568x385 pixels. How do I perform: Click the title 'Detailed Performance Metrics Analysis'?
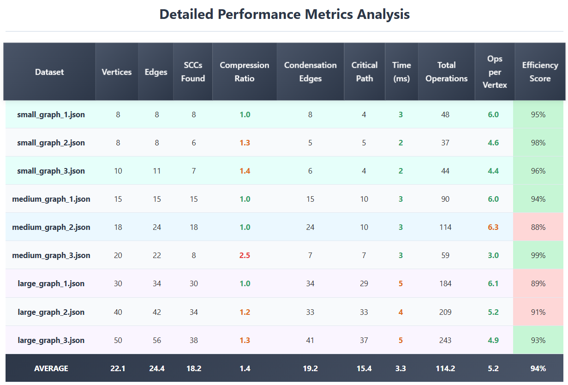pos(284,14)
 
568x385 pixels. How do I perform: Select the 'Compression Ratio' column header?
pos(244,72)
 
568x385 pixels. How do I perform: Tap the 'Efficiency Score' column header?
pos(540,72)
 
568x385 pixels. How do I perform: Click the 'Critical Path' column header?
pos(364,72)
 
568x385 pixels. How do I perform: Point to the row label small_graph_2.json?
pos(51,143)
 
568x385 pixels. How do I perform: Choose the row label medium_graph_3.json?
pos(51,255)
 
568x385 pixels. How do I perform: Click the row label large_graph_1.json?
pos(51,283)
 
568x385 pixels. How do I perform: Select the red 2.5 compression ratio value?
pos(245,255)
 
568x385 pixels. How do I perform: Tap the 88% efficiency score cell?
pos(538,227)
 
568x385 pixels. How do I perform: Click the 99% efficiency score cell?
pos(538,255)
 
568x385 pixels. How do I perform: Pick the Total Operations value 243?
pos(445,340)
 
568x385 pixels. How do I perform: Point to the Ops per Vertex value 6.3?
pos(493,227)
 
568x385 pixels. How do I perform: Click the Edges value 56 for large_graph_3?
pos(157,340)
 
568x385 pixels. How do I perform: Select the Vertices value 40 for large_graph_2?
pos(118,312)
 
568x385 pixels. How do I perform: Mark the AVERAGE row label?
pos(51,368)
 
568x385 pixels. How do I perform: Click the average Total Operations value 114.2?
pos(445,368)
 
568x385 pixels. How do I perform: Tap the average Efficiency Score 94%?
pos(538,368)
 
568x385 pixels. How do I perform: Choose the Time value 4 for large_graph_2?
pos(401,312)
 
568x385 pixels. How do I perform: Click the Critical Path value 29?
pos(364,283)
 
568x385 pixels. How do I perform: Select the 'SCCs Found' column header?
pos(193,72)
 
